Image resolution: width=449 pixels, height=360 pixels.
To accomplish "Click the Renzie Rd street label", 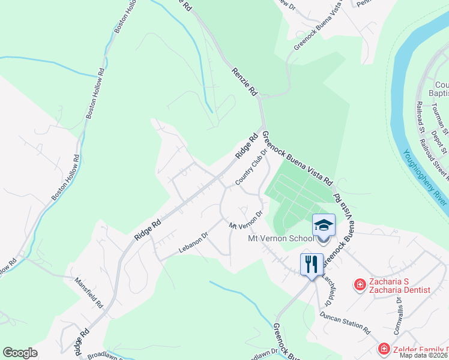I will coord(244,82).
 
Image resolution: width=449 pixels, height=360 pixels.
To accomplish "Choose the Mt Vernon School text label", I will coord(281,239).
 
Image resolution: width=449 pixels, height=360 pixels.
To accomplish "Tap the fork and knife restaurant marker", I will coord(312,263).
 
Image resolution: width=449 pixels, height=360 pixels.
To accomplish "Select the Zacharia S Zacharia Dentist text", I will coord(400,285).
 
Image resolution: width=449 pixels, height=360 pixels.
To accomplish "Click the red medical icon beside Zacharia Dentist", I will coord(360,284).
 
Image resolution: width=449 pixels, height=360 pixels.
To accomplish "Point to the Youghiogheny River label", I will coord(425,178).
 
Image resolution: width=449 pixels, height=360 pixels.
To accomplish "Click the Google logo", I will coord(20,353).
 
